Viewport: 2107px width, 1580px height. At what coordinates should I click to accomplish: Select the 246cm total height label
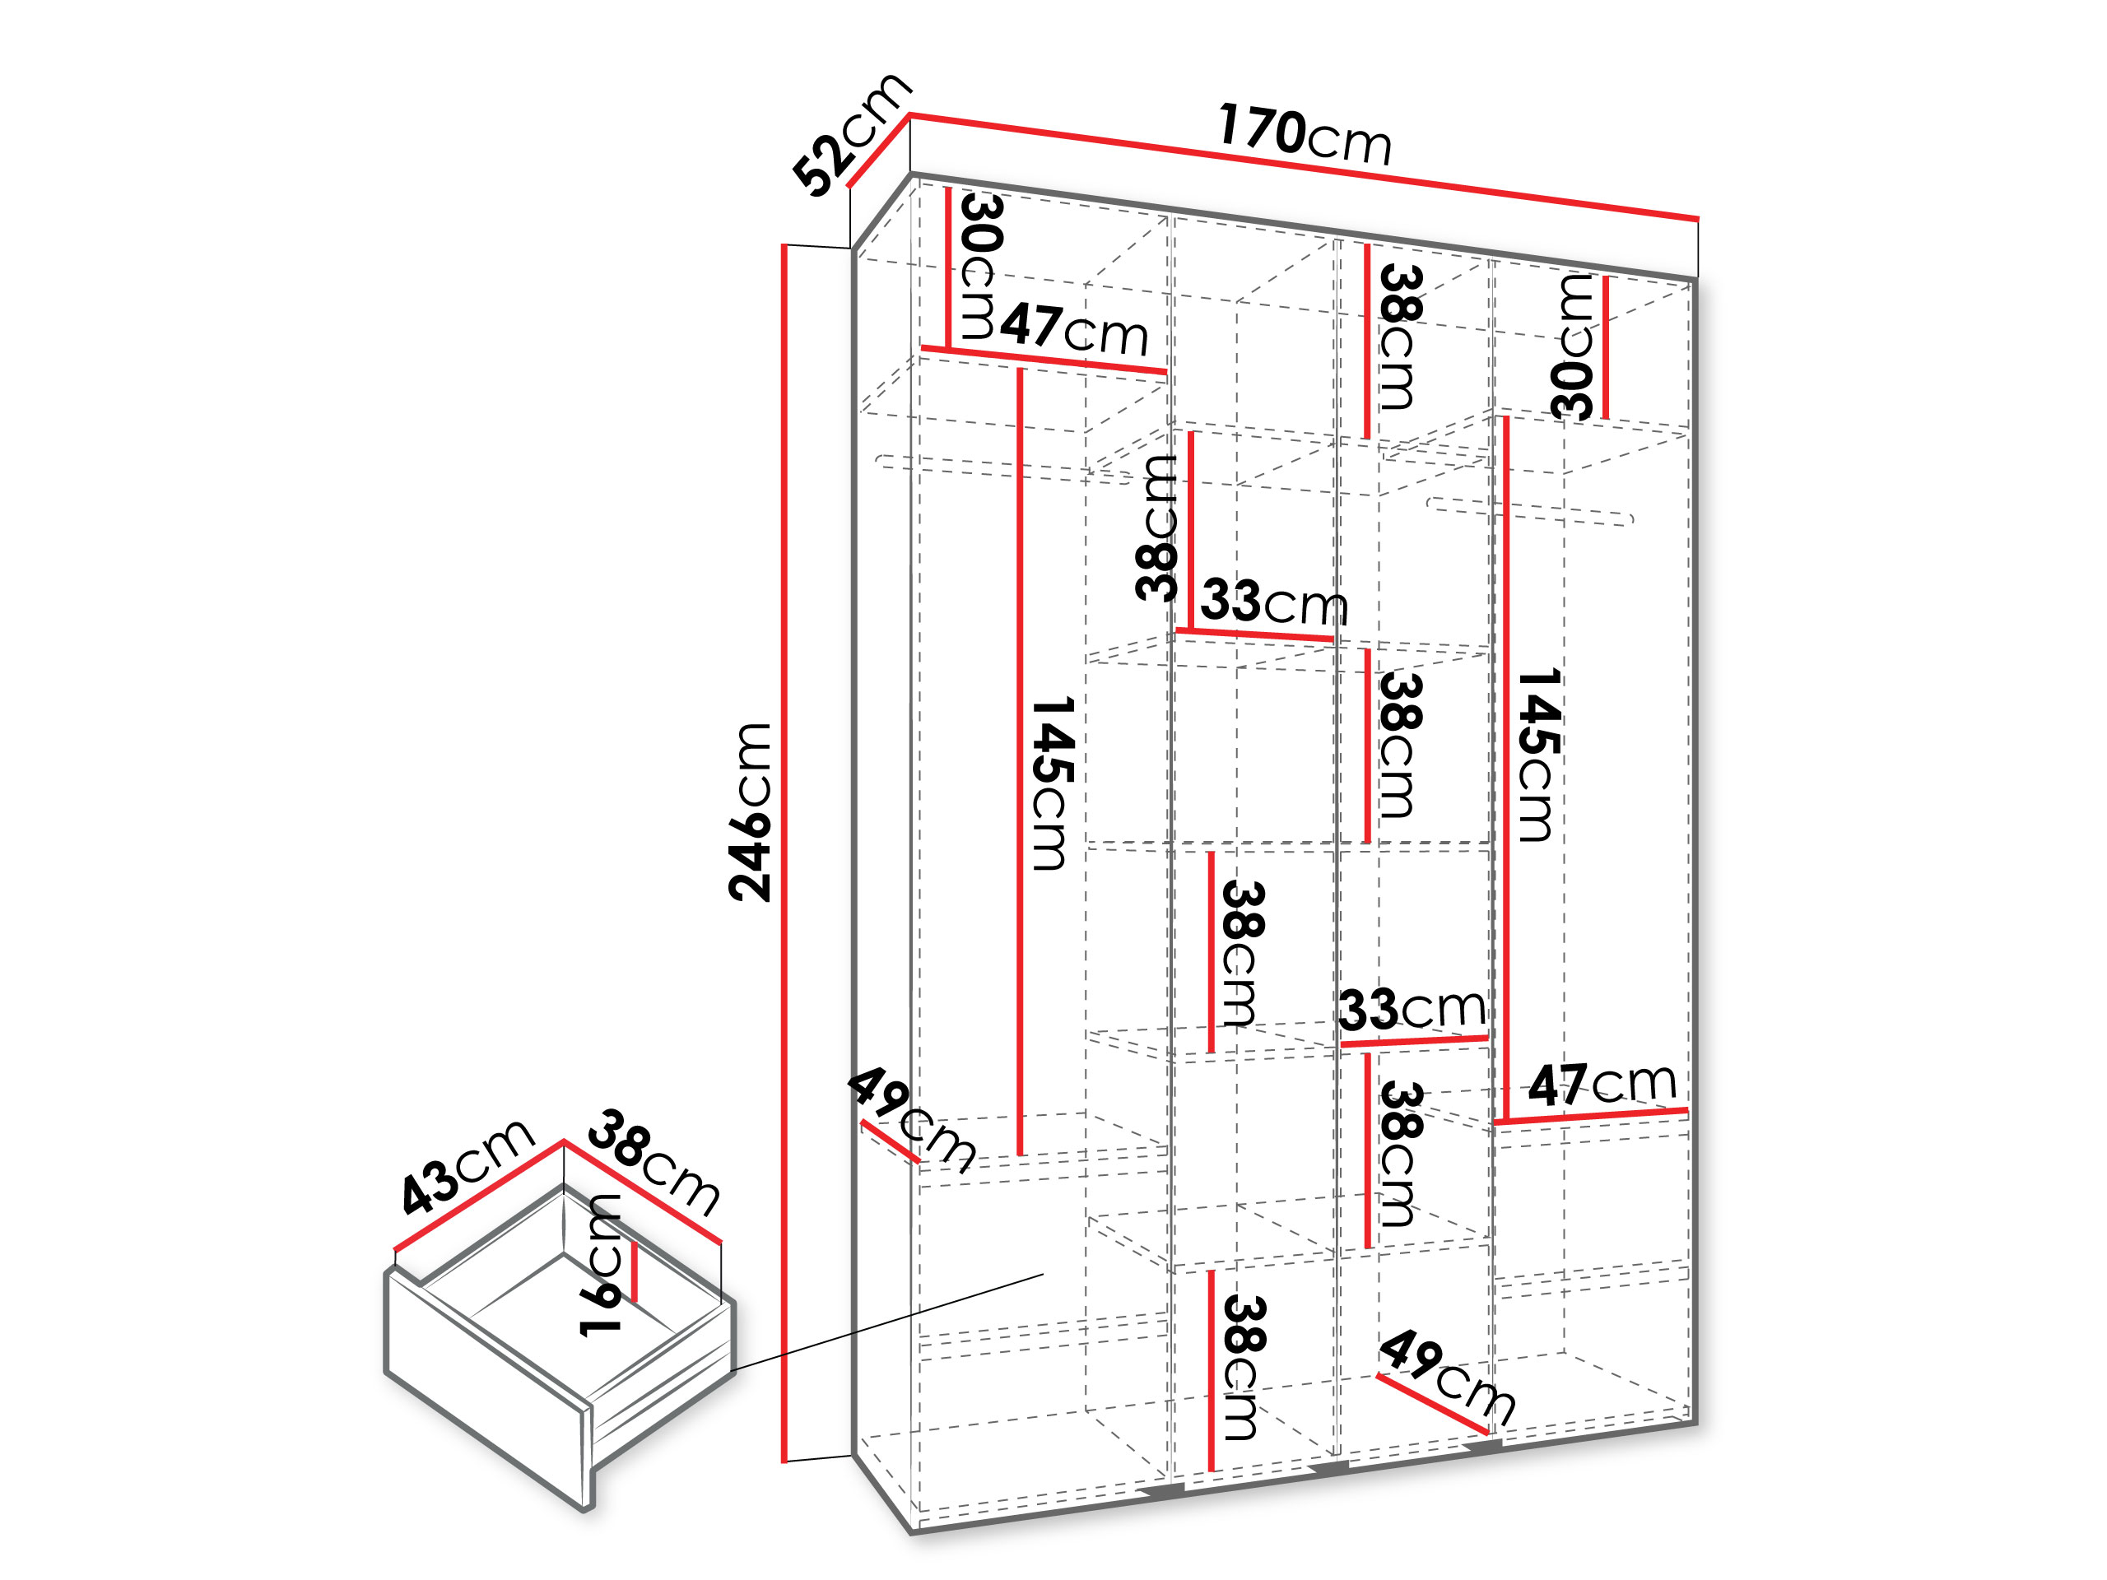point(750,811)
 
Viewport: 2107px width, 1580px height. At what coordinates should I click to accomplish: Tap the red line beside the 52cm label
point(878,151)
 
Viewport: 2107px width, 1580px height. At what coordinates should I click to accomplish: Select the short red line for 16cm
point(635,1272)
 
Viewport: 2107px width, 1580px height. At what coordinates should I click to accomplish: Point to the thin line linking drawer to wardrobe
point(888,1322)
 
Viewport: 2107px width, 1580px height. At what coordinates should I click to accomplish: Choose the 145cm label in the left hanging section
point(1053,783)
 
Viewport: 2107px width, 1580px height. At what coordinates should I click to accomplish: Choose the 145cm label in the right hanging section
point(1537,755)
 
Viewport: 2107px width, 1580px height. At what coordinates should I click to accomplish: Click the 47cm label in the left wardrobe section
point(1074,328)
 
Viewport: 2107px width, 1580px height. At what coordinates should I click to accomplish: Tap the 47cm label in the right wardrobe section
point(1602,1084)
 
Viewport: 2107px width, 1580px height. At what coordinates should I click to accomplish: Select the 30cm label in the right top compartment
point(1573,347)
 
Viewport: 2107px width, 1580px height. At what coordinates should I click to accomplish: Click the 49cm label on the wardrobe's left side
point(912,1119)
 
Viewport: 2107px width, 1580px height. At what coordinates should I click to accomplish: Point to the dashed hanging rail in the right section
point(1531,511)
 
